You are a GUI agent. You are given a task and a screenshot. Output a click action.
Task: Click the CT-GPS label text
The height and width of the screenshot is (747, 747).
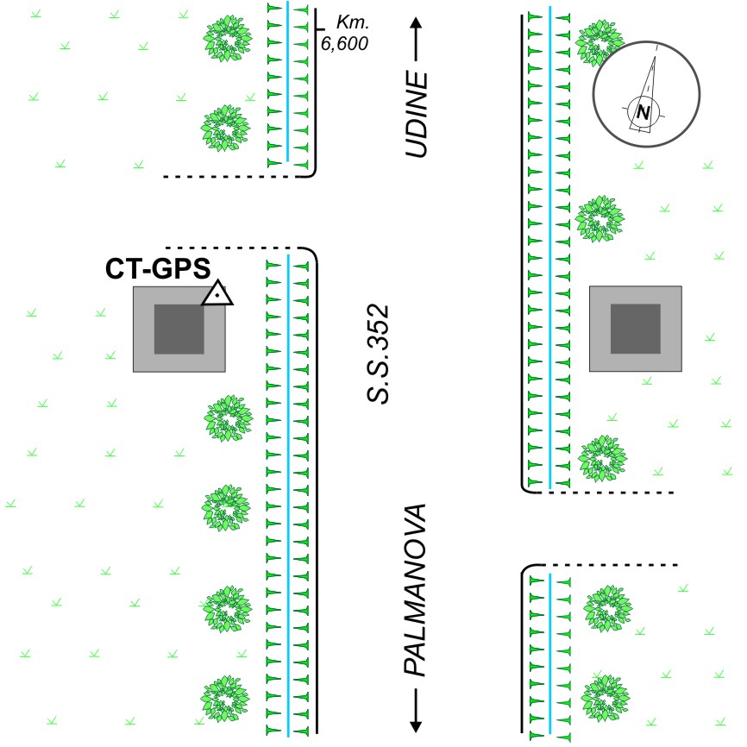[158, 269]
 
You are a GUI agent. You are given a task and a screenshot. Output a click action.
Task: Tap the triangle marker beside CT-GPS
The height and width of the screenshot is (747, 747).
[218, 294]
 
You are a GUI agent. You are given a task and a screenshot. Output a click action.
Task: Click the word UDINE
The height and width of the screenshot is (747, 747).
[417, 115]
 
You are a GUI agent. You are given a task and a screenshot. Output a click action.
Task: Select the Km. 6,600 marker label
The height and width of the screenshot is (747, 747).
[344, 34]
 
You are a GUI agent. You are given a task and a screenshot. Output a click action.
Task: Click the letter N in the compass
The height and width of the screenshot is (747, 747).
[643, 110]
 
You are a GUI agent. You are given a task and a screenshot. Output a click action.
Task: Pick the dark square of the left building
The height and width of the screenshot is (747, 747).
[179, 329]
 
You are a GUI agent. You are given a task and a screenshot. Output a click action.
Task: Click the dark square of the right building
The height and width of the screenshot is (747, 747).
[636, 329]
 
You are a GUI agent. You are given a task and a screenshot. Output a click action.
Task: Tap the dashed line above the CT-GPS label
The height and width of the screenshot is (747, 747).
[233, 248]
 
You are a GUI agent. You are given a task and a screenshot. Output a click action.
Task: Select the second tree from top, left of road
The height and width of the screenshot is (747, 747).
[226, 129]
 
